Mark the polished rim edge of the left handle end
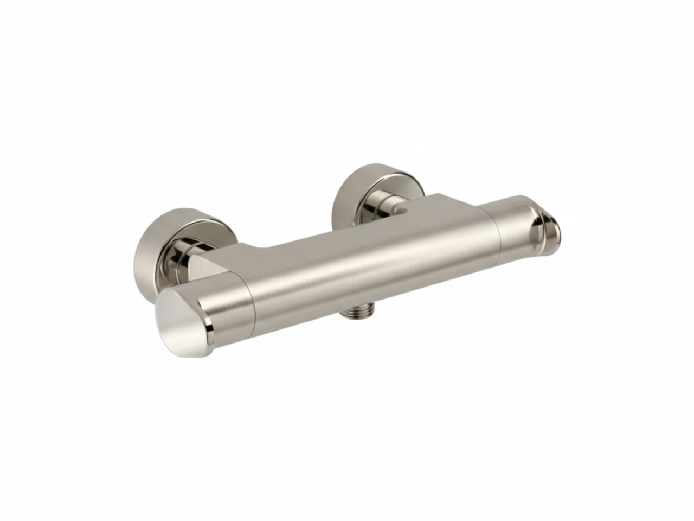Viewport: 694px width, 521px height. [209, 326]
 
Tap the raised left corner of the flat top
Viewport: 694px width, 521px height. [244, 247]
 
